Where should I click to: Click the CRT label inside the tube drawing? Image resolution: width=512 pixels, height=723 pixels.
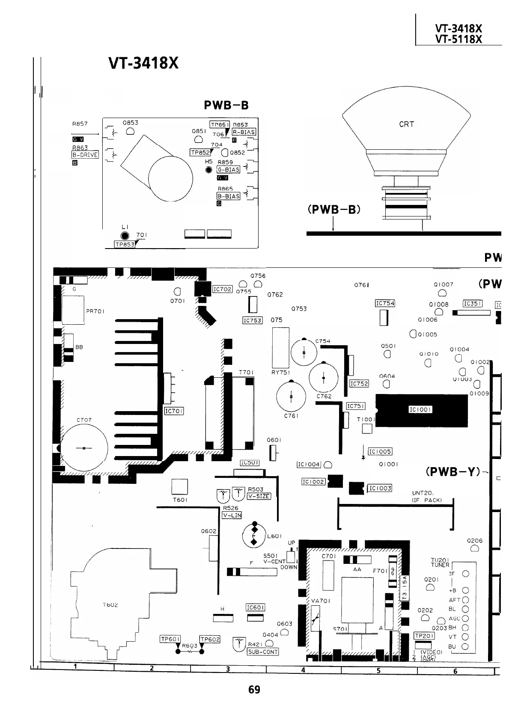tap(406, 124)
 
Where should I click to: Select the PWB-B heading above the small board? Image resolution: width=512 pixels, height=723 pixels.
tap(226, 105)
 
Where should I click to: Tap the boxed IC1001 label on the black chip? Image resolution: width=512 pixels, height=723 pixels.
tap(420, 409)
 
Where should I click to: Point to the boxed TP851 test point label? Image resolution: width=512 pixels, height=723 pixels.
tap(220, 124)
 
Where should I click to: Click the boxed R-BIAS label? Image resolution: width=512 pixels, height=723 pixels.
tap(244, 132)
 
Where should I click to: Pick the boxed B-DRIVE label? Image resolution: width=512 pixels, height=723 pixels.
tap(85, 155)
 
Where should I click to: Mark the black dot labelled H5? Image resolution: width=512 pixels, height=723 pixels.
tap(209, 170)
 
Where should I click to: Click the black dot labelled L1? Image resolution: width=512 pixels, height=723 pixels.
tap(125, 236)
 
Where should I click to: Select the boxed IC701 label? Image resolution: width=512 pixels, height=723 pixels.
tap(174, 411)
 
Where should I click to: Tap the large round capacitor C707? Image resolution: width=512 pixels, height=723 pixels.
tap(84, 447)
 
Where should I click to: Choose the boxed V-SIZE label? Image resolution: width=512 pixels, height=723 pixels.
tap(259, 496)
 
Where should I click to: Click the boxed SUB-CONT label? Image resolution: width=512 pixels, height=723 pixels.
tap(263, 652)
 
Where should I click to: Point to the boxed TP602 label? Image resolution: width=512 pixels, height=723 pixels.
tap(210, 639)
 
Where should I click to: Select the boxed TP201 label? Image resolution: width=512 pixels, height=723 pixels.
tap(425, 636)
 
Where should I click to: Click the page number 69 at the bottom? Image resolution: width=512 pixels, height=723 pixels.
tap(254, 690)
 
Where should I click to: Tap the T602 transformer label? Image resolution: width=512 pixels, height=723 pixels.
tap(110, 605)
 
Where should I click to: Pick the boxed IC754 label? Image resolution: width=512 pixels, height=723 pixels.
tap(385, 303)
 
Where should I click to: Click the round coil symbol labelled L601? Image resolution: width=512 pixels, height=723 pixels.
tap(254, 535)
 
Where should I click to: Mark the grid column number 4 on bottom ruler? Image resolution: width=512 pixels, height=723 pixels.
tap(303, 670)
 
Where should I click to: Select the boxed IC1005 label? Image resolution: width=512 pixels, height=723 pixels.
tap(380, 451)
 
